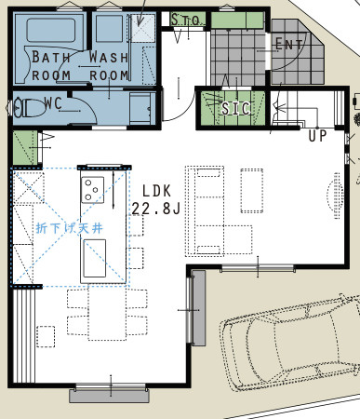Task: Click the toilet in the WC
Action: [x=28, y=107]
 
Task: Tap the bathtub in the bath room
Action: [x=51, y=30]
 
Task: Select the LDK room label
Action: [x=156, y=191]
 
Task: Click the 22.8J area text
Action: [x=156, y=209]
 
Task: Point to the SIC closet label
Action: [x=235, y=108]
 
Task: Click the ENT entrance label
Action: [x=288, y=44]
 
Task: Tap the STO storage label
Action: [x=185, y=20]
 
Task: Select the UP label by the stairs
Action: [x=317, y=136]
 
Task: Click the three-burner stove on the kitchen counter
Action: [x=92, y=190]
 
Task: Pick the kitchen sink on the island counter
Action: [x=94, y=258]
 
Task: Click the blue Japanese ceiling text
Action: [x=69, y=228]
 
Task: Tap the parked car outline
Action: [x=291, y=342]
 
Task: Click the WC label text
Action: [x=53, y=103]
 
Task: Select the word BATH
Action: [x=51, y=57]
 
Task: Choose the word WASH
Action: [x=109, y=58]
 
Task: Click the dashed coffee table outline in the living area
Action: [x=252, y=191]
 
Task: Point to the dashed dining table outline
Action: [x=107, y=313]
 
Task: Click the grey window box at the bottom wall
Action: [x=109, y=396]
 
